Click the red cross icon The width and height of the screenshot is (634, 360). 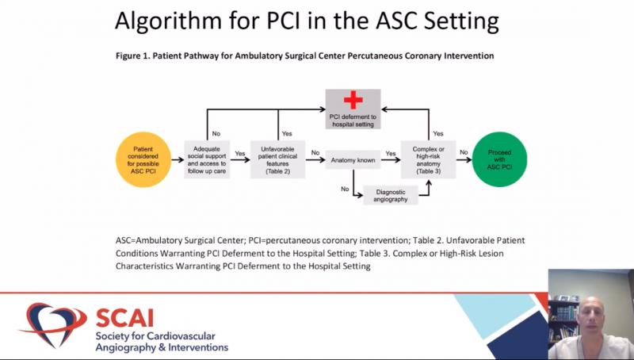coord(353,101)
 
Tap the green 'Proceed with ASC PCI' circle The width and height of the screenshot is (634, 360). coord(499,159)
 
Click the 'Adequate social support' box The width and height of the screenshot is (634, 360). coord(208,159)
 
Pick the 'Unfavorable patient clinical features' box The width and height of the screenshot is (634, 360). coord(277,159)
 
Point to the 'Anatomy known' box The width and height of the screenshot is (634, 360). coord(353,159)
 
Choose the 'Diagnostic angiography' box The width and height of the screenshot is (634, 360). coord(390,195)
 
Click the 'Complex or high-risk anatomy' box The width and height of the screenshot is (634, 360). coord(429,159)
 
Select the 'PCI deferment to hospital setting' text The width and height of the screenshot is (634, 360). coord(353,120)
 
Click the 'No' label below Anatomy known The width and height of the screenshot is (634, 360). coord(345,190)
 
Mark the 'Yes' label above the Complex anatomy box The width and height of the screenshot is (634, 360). coord(438,134)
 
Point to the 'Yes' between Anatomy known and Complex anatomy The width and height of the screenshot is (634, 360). coord(391,153)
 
